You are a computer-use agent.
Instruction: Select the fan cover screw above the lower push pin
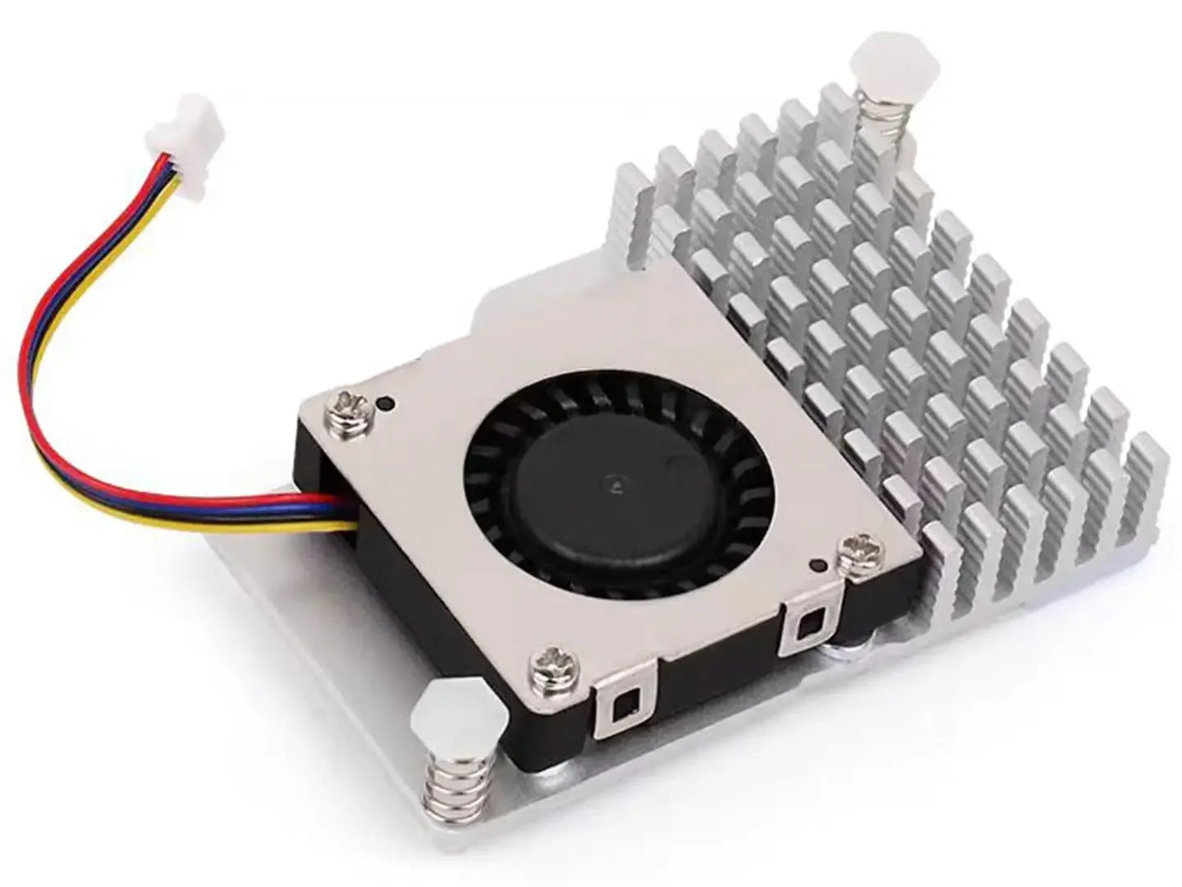pos(548,660)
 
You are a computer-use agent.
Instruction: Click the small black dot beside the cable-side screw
pos(386,402)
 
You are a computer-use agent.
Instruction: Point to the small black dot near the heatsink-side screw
pos(818,564)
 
